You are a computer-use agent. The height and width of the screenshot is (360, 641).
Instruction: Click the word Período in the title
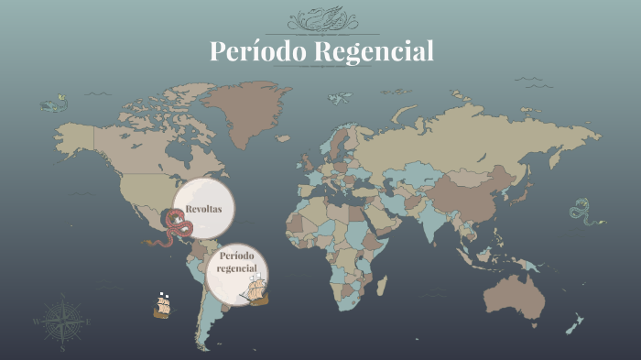(259, 51)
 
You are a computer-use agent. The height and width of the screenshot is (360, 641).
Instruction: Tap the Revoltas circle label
(203, 210)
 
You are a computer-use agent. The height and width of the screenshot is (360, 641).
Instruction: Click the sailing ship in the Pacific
(162, 306)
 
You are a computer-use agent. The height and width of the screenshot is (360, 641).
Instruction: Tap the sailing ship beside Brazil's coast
(257, 290)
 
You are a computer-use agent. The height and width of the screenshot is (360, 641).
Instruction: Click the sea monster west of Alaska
(54, 103)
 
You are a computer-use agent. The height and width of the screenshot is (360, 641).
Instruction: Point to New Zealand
(574, 323)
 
